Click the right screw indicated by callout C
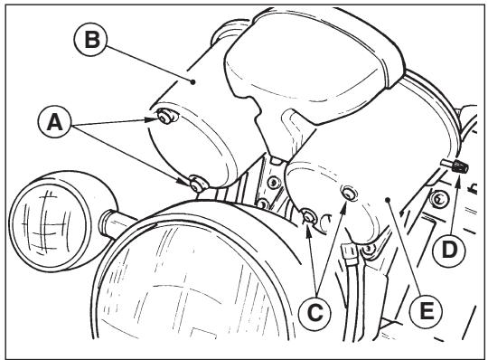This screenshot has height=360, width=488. pyautogui.click(x=350, y=193)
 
